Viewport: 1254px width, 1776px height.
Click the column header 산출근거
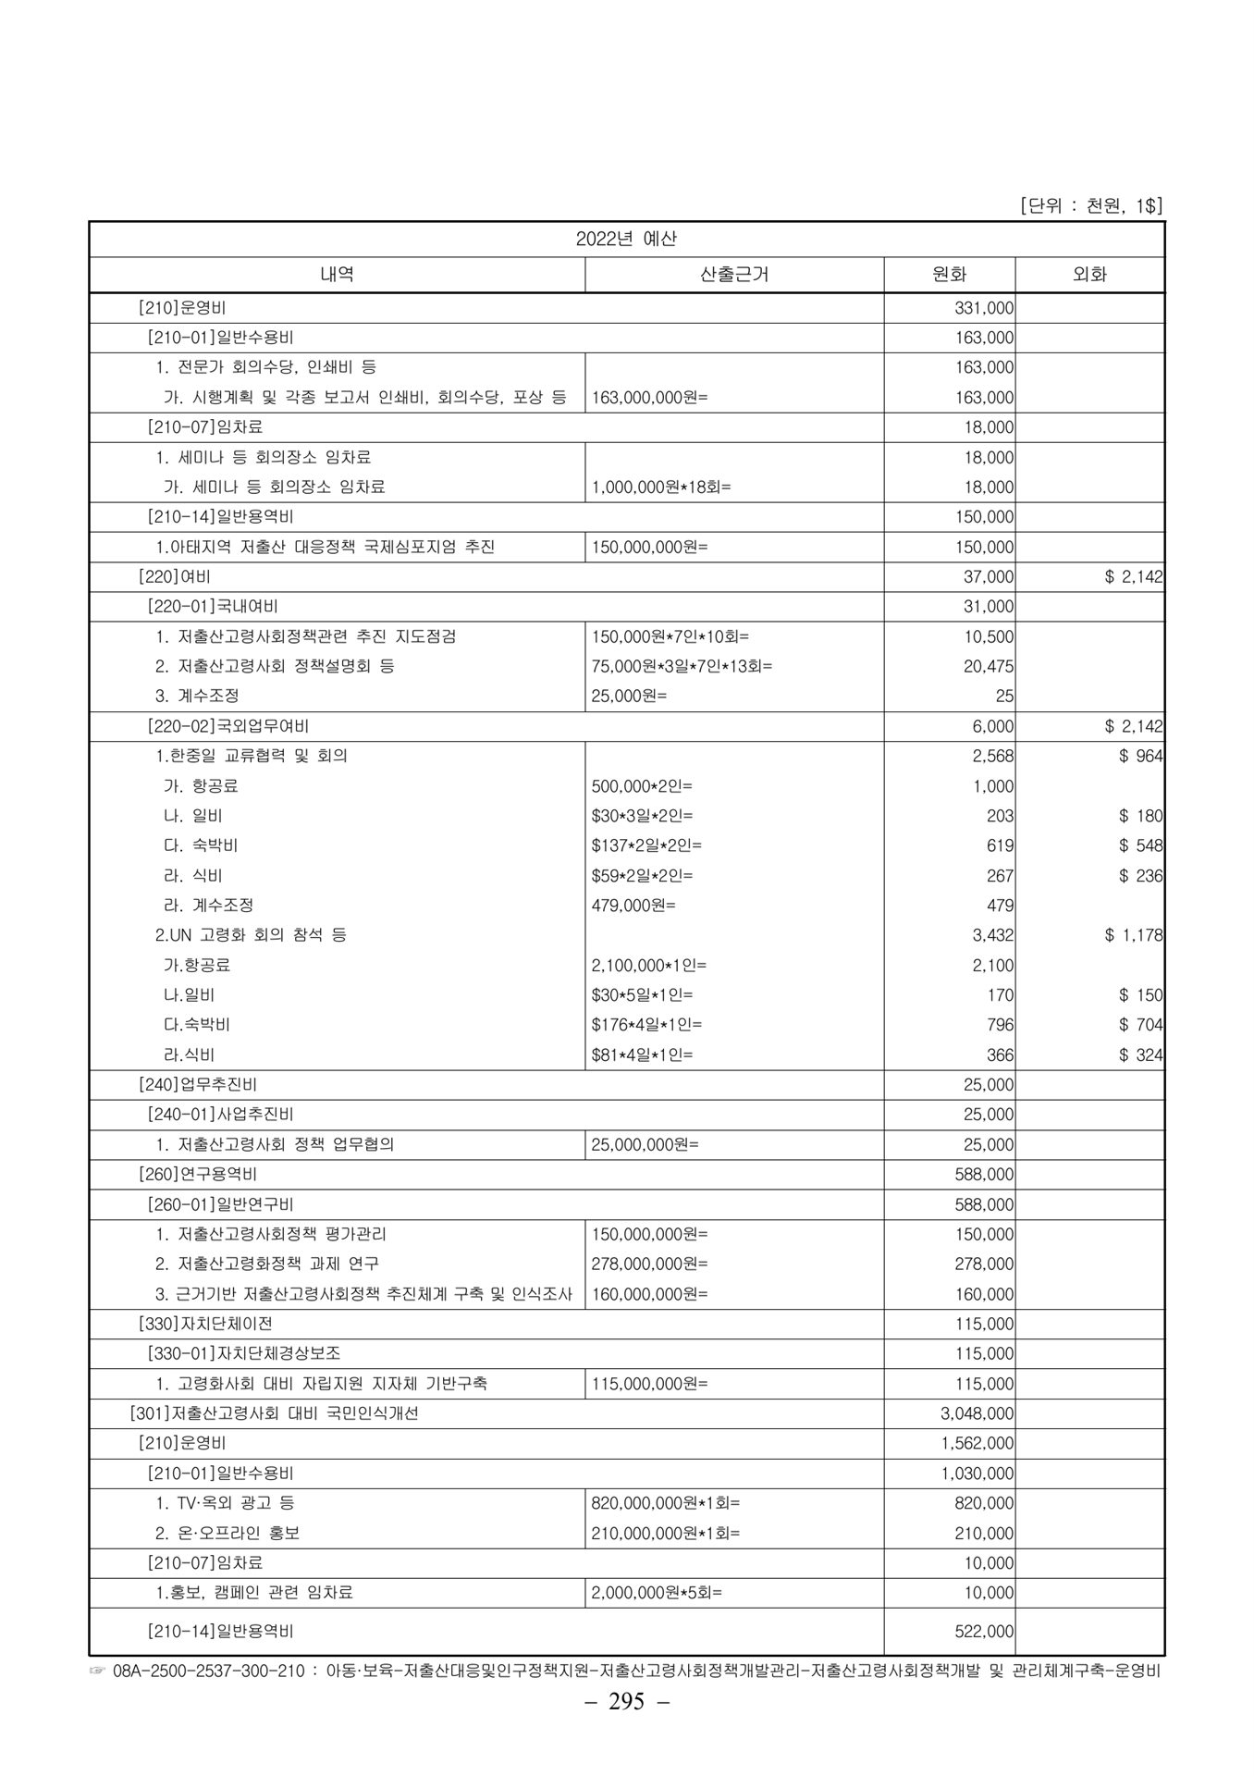point(734,275)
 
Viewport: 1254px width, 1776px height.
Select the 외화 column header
point(1089,275)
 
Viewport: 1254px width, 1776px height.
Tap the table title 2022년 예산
point(626,239)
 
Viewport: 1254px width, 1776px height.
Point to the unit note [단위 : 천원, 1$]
point(1090,206)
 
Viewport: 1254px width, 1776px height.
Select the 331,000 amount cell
point(984,308)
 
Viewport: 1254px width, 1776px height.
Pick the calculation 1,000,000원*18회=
point(660,487)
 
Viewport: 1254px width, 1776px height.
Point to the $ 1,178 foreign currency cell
point(1133,935)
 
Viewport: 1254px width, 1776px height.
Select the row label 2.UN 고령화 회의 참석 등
point(251,935)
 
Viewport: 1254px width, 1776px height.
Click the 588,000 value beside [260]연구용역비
point(984,1175)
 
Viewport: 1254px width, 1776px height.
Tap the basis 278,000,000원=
point(649,1264)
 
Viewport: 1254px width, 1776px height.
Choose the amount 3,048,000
point(977,1413)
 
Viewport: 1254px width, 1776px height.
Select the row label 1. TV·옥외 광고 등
point(226,1503)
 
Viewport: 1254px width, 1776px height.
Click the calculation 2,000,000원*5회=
point(657,1593)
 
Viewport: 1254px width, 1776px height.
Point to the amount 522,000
point(984,1632)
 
